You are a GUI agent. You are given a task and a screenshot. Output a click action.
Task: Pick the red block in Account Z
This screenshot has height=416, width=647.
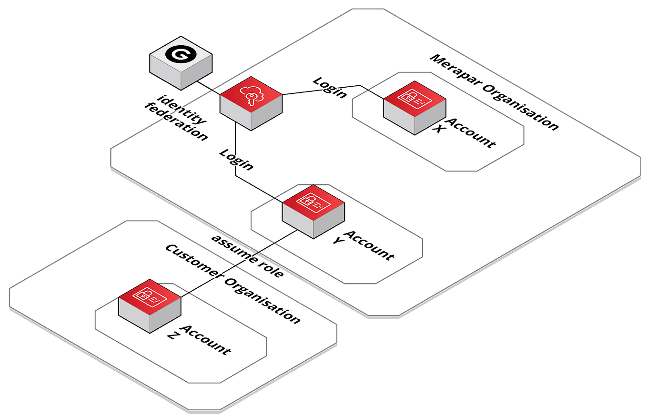(x=150, y=305)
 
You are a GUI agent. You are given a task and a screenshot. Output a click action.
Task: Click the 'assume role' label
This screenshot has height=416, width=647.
(x=248, y=255)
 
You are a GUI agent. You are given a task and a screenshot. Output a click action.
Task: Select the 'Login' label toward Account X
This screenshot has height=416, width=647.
(x=329, y=87)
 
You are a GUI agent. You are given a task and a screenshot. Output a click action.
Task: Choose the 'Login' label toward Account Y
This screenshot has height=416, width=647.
(x=236, y=159)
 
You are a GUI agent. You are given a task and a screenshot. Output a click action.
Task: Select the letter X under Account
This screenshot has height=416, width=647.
(x=437, y=129)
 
